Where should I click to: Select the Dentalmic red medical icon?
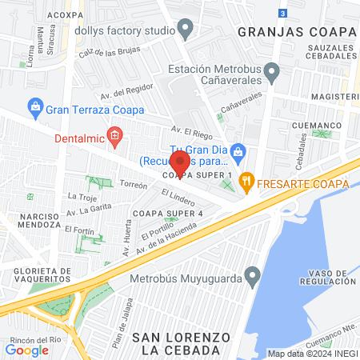click(x=114, y=138)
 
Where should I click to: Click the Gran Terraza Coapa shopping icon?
click(x=35, y=106)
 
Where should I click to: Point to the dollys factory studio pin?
click(x=186, y=31)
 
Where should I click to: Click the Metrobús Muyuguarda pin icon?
click(x=253, y=278)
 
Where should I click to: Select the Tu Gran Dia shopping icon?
click(x=238, y=150)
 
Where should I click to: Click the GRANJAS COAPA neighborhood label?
click(x=296, y=31)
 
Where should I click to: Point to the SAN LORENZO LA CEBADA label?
click(x=174, y=343)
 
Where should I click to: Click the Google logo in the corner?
click(x=27, y=349)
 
